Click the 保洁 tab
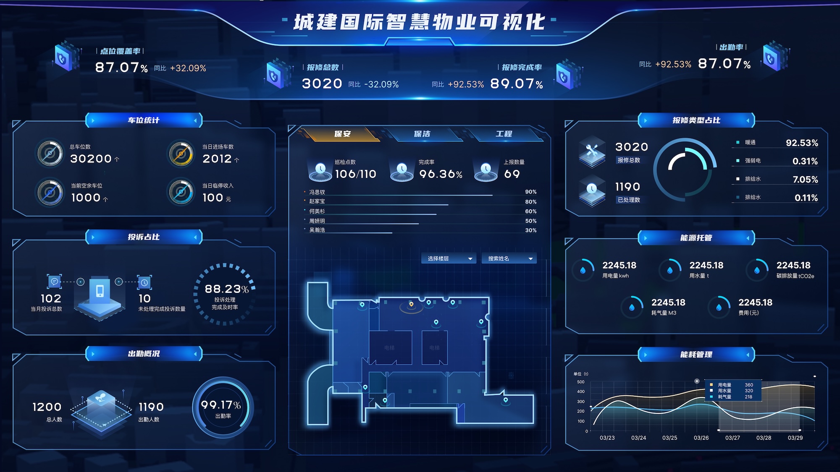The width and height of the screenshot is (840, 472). (x=422, y=134)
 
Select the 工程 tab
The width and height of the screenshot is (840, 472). (x=504, y=134)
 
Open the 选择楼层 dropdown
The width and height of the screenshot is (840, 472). (x=449, y=258)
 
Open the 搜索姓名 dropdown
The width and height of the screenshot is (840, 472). (x=509, y=258)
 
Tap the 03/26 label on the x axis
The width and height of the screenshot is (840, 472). (x=701, y=438)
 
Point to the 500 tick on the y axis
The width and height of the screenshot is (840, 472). (x=580, y=382)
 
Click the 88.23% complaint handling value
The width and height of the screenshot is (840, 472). (x=226, y=289)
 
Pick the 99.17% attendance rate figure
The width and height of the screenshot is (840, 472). (x=220, y=405)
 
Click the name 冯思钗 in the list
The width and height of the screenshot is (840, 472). (x=317, y=192)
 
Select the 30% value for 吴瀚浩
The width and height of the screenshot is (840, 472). (x=530, y=230)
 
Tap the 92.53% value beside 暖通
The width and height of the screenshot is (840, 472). (x=802, y=143)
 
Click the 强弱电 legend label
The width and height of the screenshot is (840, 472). (x=753, y=161)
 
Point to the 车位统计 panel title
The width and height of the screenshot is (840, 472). (x=144, y=120)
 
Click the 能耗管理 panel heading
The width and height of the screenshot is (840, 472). (x=696, y=355)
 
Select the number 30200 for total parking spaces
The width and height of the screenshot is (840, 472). (x=91, y=159)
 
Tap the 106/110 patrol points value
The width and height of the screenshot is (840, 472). (x=355, y=174)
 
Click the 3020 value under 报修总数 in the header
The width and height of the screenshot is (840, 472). (x=322, y=83)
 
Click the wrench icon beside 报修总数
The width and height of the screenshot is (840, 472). (x=592, y=151)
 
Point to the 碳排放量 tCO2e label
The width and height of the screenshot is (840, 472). (x=795, y=276)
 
